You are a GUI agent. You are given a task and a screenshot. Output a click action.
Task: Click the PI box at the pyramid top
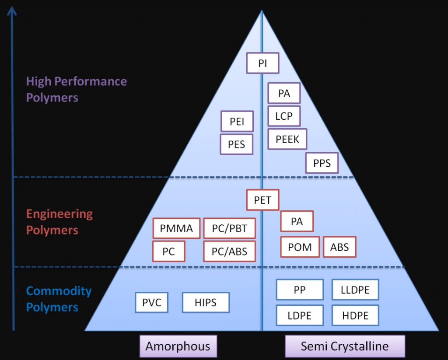(x=262, y=63)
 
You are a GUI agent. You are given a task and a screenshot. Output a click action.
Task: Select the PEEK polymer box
(x=287, y=139)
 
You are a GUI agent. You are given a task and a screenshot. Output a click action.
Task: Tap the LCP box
(x=284, y=116)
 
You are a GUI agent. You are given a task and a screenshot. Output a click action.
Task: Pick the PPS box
(x=322, y=164)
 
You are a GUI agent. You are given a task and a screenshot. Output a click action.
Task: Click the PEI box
(x=237, y=122)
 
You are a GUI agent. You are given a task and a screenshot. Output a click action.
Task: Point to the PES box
(x=237, y=144)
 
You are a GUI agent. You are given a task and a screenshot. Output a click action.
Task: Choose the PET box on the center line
(x=262, y=200)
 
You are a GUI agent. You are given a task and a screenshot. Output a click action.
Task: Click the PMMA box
(x=176, y=228)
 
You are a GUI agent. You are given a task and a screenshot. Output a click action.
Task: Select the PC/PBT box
(x=229, y=228)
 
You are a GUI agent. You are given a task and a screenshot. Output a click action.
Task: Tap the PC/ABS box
(x=229, y=252)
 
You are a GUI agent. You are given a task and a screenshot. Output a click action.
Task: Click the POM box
(x=300, y=247)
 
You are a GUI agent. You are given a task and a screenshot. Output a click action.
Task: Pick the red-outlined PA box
(x=297, y=221)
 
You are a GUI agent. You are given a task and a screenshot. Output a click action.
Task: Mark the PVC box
(x=151, y=302)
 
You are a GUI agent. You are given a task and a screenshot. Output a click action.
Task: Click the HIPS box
(x=206, y=302)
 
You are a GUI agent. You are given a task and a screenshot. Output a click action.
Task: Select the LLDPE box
(x=355, y=290)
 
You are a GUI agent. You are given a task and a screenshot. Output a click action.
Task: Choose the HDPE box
(x=355, y=315)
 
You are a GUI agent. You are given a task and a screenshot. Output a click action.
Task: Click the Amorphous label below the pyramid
(x=178, y=346)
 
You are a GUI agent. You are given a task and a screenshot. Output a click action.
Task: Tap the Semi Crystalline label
(x=345, y=346)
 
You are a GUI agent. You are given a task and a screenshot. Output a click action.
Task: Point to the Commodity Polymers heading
(x=59, y=299)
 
